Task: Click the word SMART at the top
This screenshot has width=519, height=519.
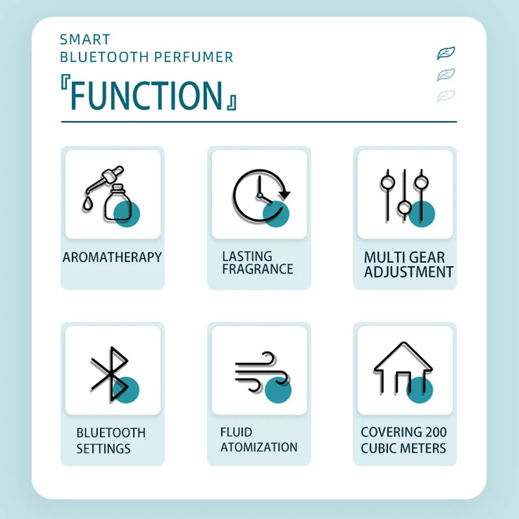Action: [85, 40]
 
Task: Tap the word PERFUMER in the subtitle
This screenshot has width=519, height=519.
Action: [194, 57]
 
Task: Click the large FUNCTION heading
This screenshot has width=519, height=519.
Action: [146, 95]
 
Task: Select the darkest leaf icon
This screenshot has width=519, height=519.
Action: [446, 53]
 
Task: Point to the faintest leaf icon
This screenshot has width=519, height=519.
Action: [446, 95]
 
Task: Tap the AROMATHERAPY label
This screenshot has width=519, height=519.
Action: [112, 257]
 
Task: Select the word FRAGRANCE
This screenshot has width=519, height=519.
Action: [258, 269]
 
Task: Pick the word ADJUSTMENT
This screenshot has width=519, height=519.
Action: [409, 272]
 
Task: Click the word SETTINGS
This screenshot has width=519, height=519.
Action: [103, 449]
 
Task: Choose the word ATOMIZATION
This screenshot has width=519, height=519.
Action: [259, 447]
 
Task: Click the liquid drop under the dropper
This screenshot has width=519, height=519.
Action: [87, 204]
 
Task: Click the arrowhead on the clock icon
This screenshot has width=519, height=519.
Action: [284, 194]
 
